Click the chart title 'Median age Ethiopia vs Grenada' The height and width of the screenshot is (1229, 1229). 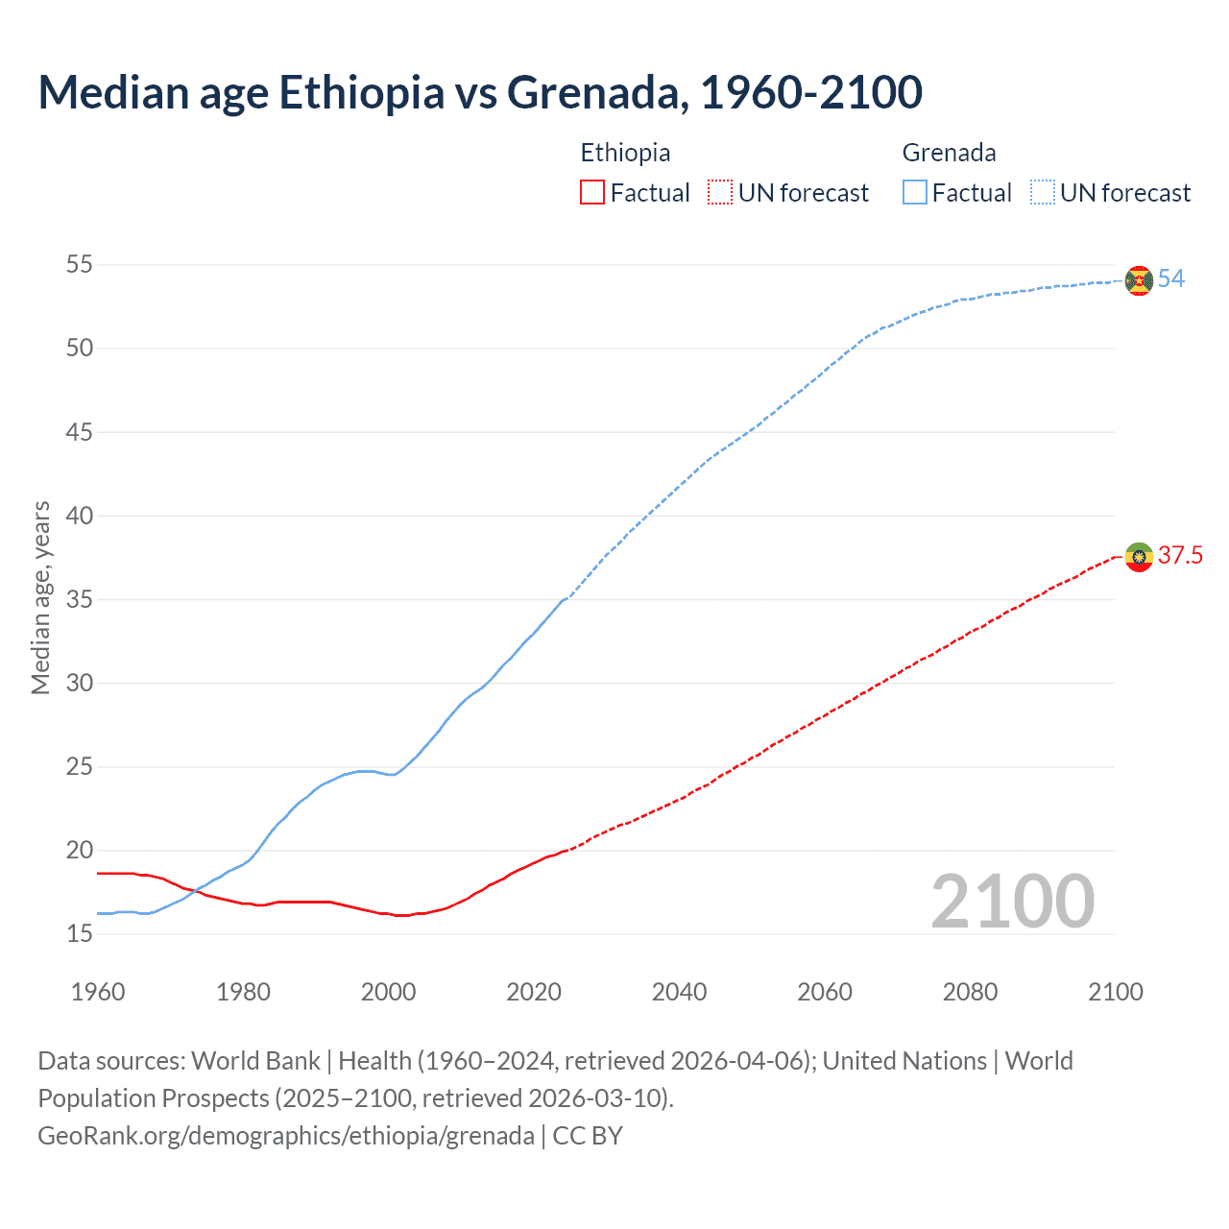pos(480,92)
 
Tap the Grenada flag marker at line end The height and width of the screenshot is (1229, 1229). pos(1139,280)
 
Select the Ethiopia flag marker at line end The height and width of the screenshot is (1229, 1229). pos(1139,556)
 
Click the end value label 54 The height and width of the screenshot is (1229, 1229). pos(1171,278)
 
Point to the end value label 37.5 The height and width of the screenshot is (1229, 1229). pos(1180,555)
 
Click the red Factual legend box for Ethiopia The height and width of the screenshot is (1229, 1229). pos(592,193)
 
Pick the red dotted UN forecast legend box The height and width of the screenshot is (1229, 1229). pos(720,193)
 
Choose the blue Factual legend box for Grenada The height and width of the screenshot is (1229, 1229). pos(915,193)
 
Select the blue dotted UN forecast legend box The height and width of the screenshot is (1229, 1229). pos(1043,193)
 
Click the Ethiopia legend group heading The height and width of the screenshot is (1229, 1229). pos(625,153)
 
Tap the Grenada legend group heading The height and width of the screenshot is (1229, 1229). pos(949,153)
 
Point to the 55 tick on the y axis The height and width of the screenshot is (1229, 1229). pos(80,264)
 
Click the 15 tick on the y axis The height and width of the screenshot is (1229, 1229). pos(80,933)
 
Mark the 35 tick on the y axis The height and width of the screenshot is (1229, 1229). pos(80,599)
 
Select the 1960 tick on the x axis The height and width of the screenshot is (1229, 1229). pos(98,992)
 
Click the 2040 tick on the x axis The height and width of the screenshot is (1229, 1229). pos(679,992)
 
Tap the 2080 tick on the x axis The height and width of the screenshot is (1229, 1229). pos(970,992)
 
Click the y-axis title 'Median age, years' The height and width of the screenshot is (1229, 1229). pos(40,597)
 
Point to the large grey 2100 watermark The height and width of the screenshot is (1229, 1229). pos(1013,901)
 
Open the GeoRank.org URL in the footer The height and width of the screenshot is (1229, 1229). pos(286,1136)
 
